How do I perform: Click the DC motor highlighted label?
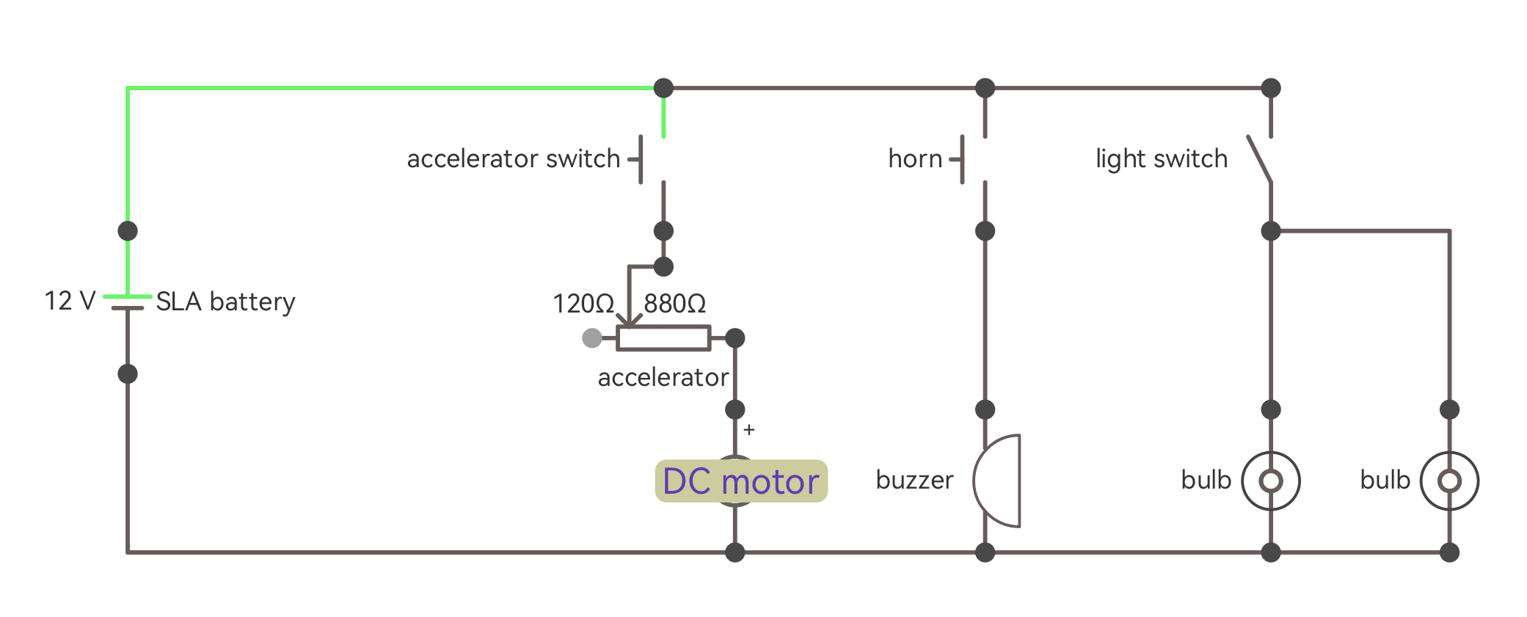741,481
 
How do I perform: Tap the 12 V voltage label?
70,301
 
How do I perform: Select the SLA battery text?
225,302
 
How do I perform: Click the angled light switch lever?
1260,158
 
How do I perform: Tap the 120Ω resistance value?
583,304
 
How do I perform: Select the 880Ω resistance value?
674,304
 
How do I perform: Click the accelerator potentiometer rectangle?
663,338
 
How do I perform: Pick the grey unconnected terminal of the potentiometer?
592,338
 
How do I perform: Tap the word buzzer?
914,481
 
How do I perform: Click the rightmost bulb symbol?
1449,481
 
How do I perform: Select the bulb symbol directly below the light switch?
1271,481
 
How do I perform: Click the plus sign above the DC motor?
748,430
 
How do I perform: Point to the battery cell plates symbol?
128,302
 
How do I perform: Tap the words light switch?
1161,159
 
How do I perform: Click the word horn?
915,159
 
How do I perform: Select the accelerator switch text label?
513,159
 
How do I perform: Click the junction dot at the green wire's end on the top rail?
663,88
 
